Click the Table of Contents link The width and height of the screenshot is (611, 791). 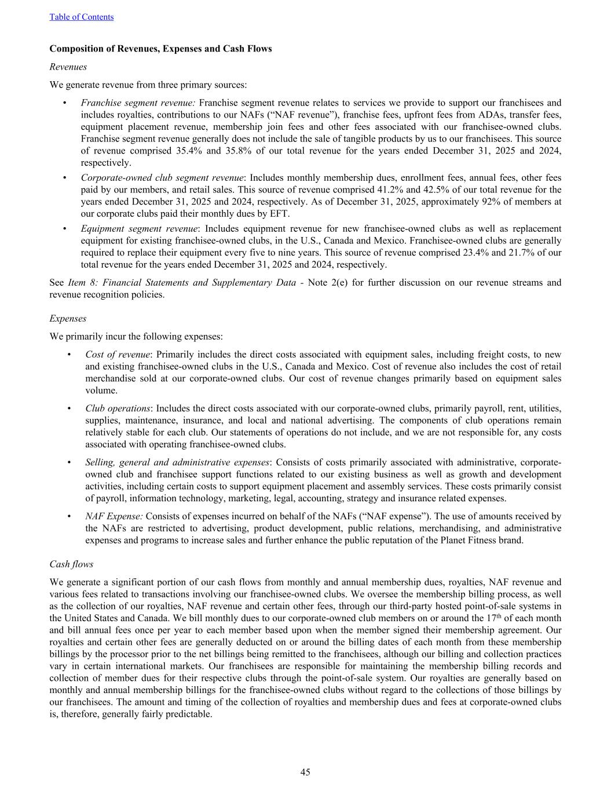click(x=81, y=17)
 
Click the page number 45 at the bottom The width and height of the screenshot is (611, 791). click(x=305, y=771)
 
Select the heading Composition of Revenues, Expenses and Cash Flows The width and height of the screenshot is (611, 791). click(x=160, y=49)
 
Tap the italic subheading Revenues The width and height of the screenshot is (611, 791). click(x=68, y=67)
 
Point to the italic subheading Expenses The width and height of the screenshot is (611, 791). click(x=68, y=318)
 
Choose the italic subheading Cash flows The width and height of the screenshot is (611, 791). click(x=71, y=564)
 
